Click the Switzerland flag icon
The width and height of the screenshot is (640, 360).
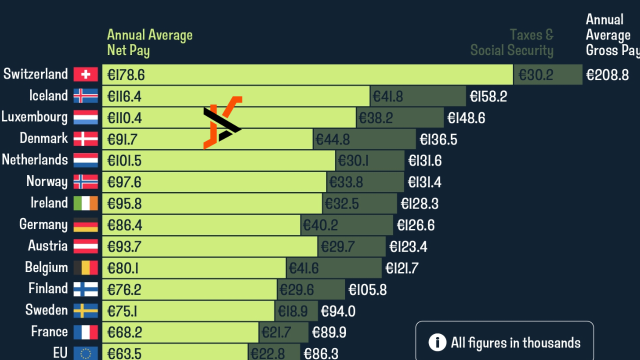tap(85, 74)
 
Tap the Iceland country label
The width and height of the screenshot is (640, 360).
tap(48, 95)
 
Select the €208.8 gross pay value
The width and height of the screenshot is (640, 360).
tap(607, 75)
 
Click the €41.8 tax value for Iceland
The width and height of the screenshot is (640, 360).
tap(388, 96)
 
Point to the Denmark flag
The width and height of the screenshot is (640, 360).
tap(85, 138)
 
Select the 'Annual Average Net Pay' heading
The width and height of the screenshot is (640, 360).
tap(149, 42)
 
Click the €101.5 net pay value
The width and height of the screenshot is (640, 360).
tap(124, 160)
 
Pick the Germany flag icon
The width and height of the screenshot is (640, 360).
tap(85, 225)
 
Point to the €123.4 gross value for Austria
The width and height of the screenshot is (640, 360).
tap(408, 246)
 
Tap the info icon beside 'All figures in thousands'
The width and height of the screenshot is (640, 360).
tap(437, 342)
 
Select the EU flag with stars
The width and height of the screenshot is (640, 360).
tap(85, 353)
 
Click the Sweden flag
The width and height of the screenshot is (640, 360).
tap(85, 310)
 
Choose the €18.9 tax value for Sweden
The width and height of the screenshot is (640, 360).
tap(293, 311)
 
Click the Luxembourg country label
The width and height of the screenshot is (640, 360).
tap(34, 117)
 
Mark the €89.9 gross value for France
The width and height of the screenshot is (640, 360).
tap(329, 332)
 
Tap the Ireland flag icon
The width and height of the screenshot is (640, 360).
tap(85, 203)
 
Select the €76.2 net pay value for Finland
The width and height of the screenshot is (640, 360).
tap(124, 289)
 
